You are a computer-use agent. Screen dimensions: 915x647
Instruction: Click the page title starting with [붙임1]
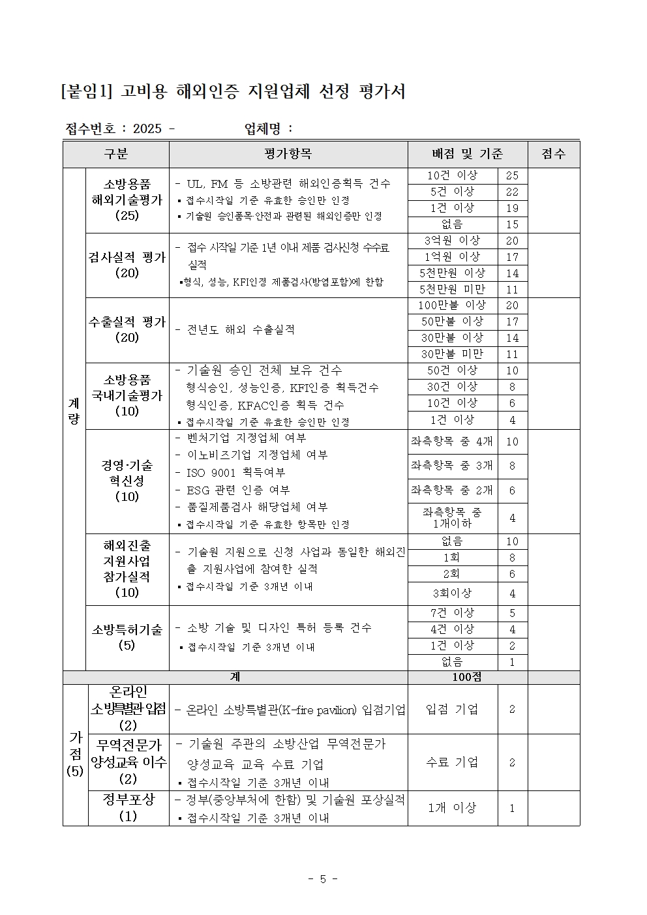click(x=233, y=92)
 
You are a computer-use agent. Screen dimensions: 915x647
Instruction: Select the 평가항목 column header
click(x=288, y=154)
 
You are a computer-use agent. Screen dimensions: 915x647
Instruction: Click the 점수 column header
click(x=553, y=154)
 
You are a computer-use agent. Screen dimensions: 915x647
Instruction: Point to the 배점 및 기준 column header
click(x=467, y=154)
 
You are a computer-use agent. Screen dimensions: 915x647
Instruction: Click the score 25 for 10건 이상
click(x=512, y=175)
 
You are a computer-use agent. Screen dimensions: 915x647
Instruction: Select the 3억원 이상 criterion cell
click(x=452, y=241)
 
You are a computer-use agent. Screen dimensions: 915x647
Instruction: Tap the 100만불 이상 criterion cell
click(x=452, y=305)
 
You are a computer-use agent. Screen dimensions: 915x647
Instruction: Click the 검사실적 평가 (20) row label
click(x=127, y=265)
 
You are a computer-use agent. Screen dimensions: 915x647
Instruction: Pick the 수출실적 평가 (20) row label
click(x=127, y=329)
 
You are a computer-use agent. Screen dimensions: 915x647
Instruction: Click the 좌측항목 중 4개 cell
click(x=452, y=442)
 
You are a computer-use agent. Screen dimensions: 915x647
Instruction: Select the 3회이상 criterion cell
click(x=452, y=593)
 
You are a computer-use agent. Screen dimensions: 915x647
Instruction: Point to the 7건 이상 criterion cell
click(x=452, y=613)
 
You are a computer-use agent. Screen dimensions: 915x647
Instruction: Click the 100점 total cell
click(x=467, y=677)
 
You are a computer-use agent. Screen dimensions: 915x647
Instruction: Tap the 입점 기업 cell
click(x=452, y=709)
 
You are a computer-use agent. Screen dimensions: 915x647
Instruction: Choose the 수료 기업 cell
click(x=452, y=762)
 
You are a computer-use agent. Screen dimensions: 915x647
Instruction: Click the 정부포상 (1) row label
click(x=128, y=807)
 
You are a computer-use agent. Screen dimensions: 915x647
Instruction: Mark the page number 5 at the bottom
click(x=323, y=879)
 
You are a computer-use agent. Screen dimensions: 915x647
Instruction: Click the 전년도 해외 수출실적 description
click(x=241, y=330)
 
